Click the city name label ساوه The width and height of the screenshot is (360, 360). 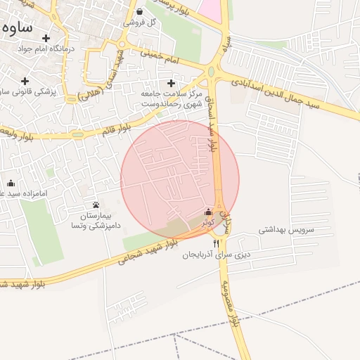[x=18, y=29]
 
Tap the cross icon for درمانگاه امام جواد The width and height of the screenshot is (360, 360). [x=46, y=38]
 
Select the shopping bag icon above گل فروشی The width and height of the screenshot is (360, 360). [x=139, y=12]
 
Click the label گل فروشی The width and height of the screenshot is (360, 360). [x=139, y=22]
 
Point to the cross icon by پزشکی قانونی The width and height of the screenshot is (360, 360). [x=25, y=81]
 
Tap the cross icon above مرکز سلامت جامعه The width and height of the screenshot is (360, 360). [x=171, y=83]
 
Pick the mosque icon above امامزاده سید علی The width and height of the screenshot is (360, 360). [x=11, y=184]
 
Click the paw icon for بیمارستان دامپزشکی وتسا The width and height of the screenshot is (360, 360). [x=96, y=205]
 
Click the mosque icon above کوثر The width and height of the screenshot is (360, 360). [x=207, y=212]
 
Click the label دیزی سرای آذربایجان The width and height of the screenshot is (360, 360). [x=217, y=254]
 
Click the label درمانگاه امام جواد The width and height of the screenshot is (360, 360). [x=46, y=50]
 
